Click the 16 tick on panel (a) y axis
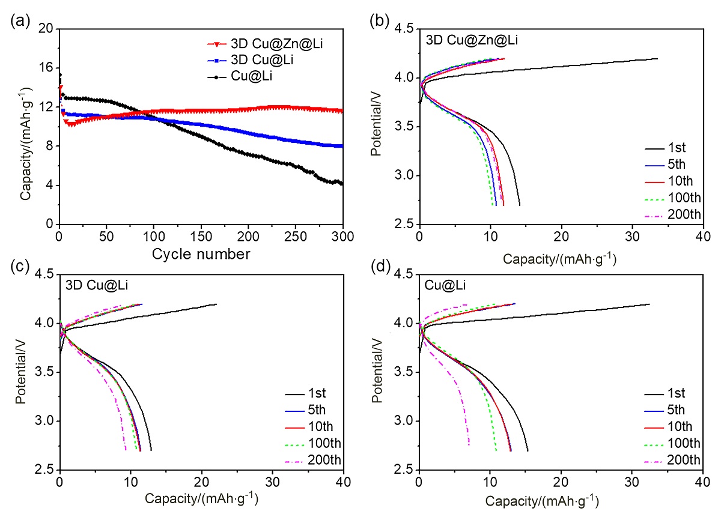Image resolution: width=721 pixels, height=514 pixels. (x=46, y=68)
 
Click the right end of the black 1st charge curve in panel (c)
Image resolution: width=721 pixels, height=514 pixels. (x=216, y=304)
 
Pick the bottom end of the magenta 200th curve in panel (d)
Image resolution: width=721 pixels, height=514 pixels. (x=469, y=445)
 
